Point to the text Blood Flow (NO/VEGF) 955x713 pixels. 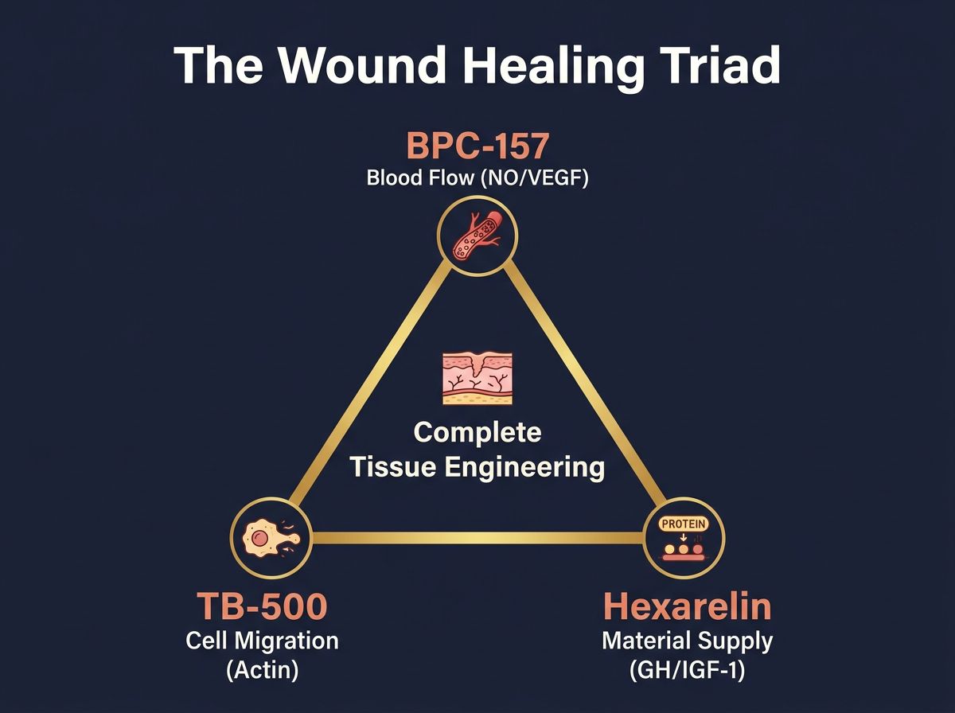[x=477, y=177]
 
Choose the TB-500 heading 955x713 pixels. [x=262, y=607]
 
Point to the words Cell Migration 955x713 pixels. [x=262, y=641]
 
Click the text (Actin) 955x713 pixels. [x=262, y=670]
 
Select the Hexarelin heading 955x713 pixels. [x=688, y=607]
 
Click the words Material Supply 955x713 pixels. [x=688, y=641]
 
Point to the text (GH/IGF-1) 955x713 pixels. [x=688, y=670]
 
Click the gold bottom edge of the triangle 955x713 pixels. [x=477, y=539]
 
